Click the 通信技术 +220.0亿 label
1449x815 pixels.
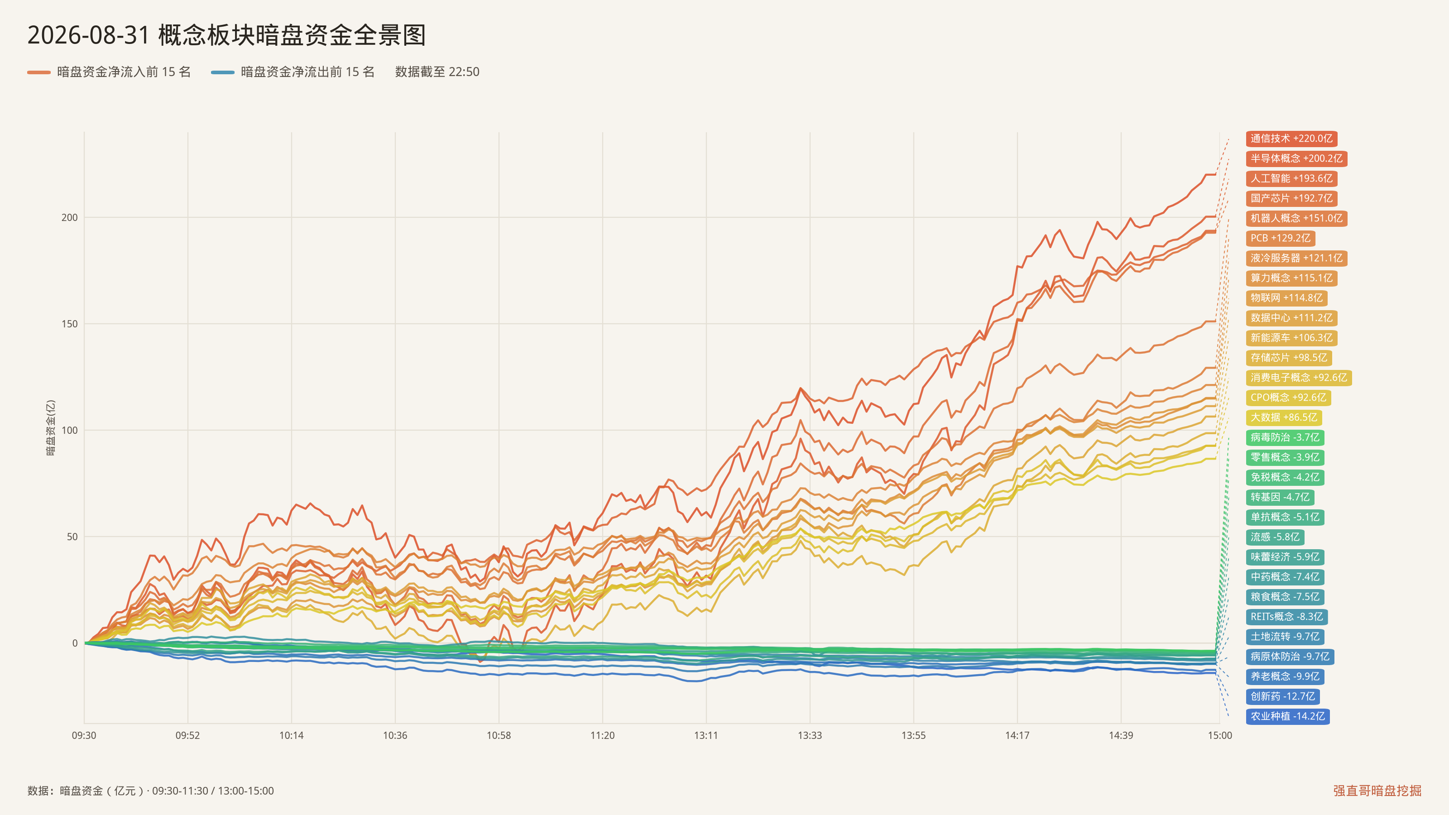coord(1291,139)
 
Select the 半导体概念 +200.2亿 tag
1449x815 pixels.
coord(1296,158)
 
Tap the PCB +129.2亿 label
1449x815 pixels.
coord(1280,238)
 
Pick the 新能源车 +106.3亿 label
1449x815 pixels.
coord(1291,337)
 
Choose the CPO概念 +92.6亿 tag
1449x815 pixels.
coord(1289,398)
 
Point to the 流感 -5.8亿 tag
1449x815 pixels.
coord(1275,537)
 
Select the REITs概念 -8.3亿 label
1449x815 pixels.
coord(1287,616)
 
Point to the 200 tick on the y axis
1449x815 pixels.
coord(70,218)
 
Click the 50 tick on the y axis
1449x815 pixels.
coord(72,537)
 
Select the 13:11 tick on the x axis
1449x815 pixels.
coord(706,735)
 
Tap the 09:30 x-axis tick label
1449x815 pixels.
coord(84,735)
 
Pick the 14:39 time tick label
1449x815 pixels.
coord(1121,735)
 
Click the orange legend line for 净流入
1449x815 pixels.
coord(39,72)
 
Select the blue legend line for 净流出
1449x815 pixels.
coord(223,72)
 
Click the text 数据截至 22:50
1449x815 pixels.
coord(437,72)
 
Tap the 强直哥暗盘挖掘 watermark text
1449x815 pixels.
coord(1377,790)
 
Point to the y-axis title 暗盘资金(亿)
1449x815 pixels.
coord(51,427)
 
